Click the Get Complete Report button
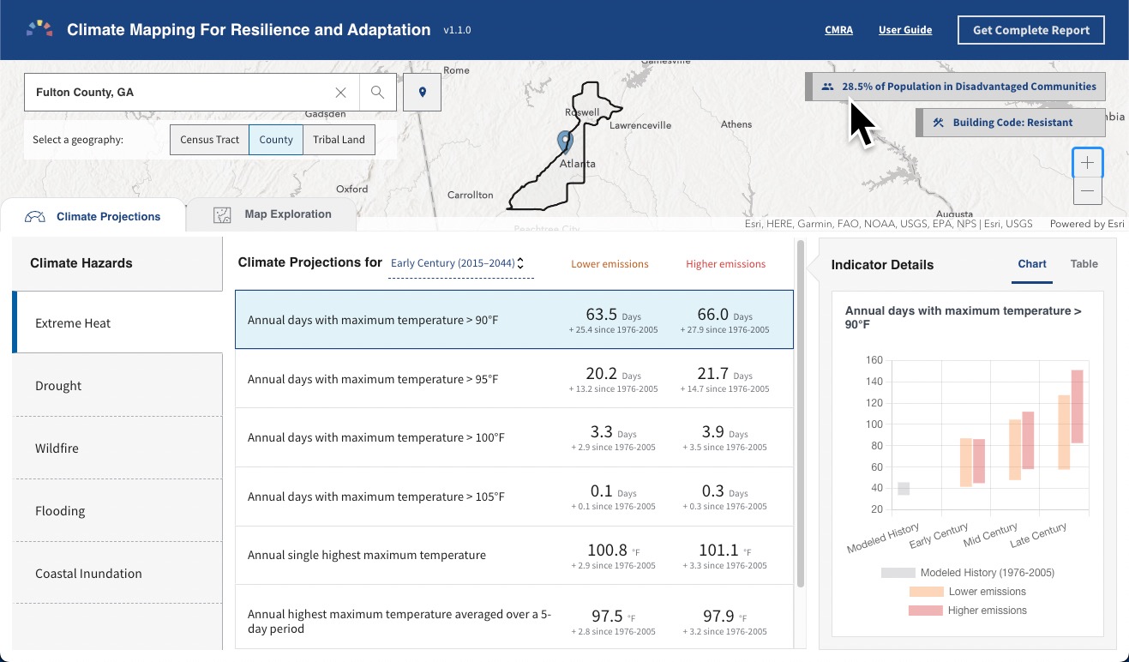(x=1030, y=30)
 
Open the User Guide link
(x=904, y=30)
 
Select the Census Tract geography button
(x=209, y=140)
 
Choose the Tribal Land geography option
(x=339, y=140)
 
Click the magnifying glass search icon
(x=377, y=93)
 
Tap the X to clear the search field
(x=340, y=93)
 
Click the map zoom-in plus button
(x=1087, y=163)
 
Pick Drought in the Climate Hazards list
(x=58, y=386)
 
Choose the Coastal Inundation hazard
(x=88, y=574)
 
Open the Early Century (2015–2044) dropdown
(x=457, y=264)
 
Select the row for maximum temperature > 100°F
(x=375, y=437)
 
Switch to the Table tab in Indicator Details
(x=1084, y=264)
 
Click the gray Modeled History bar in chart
(x=903, y=489)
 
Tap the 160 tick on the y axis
(x=874, y=360)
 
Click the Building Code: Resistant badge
(x=1012, y=123)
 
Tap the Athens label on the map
(x=736, y=124)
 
